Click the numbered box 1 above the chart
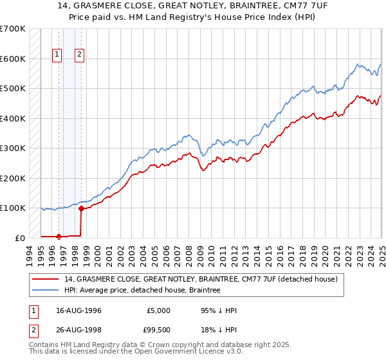click(x=57, y=55)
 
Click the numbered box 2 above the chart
click(x=79, y=55)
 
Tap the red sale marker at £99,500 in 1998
click(x=81, y=208)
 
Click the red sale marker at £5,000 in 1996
click(x=59, y=237)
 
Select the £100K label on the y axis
click(x=13, y=208)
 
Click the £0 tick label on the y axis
click(x=19, y=238)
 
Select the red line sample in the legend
click(x=47, y=280)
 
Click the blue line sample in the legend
click(x=47, y=291)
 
